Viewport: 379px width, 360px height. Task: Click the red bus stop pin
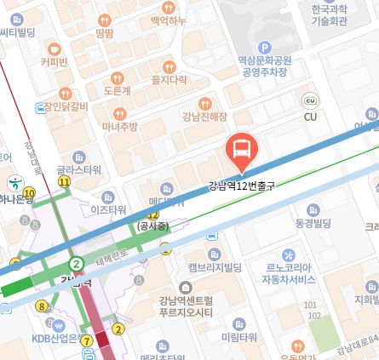coord(243,150)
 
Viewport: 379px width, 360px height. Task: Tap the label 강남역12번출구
coord(243,185)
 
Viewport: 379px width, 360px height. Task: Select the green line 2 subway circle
coord(77,264)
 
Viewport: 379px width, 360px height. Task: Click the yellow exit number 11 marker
coord(64,181)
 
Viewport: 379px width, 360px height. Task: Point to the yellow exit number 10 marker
coord(30,194)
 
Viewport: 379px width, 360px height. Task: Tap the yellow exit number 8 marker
coord(40,306)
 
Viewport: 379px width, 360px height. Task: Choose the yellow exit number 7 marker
coord(87,340)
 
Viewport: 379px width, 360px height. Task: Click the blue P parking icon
coord(264,48)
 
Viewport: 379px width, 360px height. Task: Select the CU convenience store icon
coord(310,100)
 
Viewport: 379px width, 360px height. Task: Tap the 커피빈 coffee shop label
coord(54,61)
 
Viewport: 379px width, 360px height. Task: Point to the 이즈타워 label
coord(108,209)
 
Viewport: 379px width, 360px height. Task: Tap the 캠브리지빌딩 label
coord(215,267)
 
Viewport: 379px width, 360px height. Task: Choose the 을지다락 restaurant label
coord(169,80)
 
